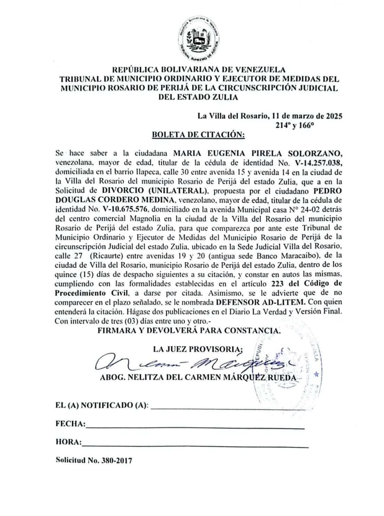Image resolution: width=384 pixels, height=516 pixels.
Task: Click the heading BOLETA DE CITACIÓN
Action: pyautogui.click(x=198, y=135)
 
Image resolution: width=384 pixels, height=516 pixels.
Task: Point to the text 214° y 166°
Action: pyautogui.click(x=295, y=125)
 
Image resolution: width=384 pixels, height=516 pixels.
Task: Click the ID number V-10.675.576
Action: pyautogui.click(x=125, y=209)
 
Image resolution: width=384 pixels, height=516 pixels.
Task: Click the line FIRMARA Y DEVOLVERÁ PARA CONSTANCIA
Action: pyautogui.click(x=189, y=331)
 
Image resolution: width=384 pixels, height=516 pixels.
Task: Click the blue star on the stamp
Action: pyautogui.click(x=316, y=374)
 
